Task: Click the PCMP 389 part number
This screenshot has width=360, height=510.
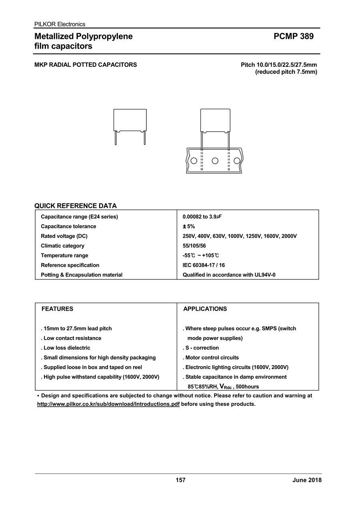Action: [x=294, y=36]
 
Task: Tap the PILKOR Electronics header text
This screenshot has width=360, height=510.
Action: [x=60, y=24]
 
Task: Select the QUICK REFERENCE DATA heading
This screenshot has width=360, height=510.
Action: [x=76, y=206]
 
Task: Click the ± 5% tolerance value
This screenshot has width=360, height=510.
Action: [x=189, y=227]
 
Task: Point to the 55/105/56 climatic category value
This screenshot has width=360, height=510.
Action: [x=194, y=246]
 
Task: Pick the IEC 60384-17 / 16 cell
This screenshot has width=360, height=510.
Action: [x=204, y=265]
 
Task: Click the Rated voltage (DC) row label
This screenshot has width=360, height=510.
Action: [x=64, y=236]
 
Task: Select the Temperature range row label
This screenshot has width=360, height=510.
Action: [x=64, y=255]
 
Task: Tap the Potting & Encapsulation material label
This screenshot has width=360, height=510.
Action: [x=82, y=275]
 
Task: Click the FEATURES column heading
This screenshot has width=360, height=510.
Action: [x=58, y=309]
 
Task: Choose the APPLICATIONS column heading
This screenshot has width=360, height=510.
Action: [x=205, y=309]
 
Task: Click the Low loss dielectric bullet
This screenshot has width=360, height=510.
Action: [x=66, y=348]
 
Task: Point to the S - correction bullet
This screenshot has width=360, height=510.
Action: [x=201, y=348]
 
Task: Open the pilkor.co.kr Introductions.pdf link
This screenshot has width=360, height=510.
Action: [x=108, y=404]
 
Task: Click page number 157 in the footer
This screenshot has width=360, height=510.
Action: [x=180, y=480]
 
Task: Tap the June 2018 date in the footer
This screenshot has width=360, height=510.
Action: [x=307, y=480]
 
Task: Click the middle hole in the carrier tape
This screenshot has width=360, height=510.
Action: [x=215, y=161]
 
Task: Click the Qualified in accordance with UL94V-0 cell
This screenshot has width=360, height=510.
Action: [x=229, y=275]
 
